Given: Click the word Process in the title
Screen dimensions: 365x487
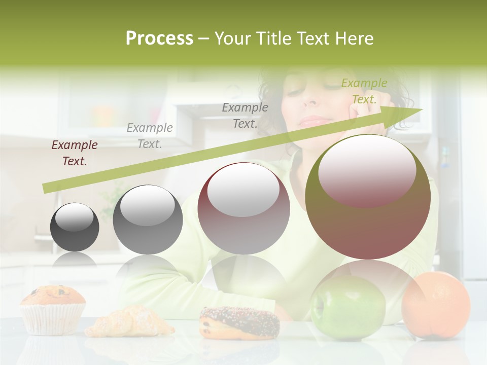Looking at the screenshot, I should tap(159, 39).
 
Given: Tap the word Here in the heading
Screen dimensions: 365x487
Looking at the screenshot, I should tap(355, 39).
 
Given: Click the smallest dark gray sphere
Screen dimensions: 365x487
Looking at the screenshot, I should tap(75, 227).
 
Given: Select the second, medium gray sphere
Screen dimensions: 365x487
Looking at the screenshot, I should tap(148, 220).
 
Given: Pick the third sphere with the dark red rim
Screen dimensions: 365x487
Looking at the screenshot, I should tap(243, 208).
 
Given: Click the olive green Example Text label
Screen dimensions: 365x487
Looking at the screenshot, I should tap(364, 91).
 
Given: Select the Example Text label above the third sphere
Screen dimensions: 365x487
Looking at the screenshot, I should tap(245, 115).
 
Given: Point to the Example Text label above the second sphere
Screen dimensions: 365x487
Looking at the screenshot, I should tap(150, 136).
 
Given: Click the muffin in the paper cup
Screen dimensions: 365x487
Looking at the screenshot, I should tap(53, 309).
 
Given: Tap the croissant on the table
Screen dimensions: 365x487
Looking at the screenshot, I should tap(129, 322).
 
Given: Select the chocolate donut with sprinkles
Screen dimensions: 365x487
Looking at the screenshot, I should tap(239, 322).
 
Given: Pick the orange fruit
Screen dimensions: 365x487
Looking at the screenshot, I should tap(436, 304).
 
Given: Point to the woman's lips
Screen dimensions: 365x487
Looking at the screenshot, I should tap(315, 121).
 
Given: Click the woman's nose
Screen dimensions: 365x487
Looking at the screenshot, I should tap(310, 101).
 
